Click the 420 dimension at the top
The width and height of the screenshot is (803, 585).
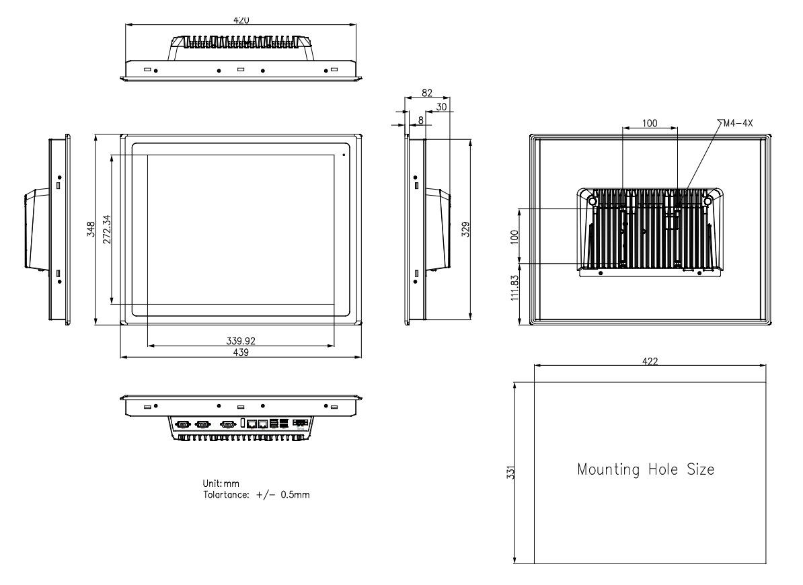241,20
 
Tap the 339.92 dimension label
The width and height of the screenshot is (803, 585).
241,341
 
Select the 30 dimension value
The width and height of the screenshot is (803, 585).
441,106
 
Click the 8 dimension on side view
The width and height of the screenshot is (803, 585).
421,119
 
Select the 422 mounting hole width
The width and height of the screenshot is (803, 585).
649,361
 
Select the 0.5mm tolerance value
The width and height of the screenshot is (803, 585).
294,494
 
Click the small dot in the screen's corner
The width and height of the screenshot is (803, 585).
344,155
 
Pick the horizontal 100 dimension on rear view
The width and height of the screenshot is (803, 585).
650,123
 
